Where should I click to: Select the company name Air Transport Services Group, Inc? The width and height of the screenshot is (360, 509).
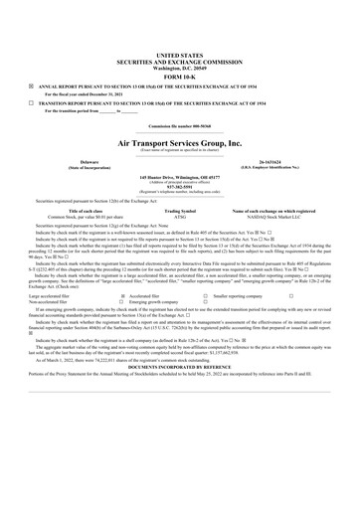[x=179, y=143]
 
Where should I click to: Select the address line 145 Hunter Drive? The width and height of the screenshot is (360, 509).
[x=179, y=177]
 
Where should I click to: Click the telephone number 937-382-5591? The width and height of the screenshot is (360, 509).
[x=179, y=186]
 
